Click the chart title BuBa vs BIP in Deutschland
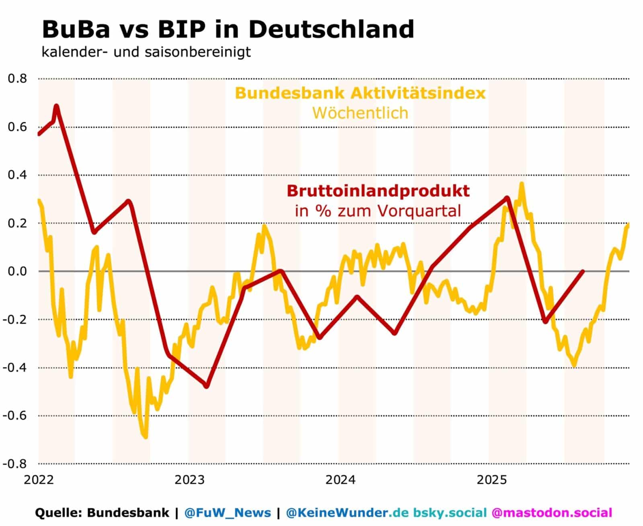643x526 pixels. (x=228, y=29)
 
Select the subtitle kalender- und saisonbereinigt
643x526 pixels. (x=146, y=52)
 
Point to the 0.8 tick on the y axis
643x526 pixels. (x=17, y=78)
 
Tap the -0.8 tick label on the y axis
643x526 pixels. (x=15, y=464)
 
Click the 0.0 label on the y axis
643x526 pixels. (x=17, y=271)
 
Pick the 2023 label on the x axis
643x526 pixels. (x=190, y=480)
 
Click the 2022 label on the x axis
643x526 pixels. (x=39, y=480)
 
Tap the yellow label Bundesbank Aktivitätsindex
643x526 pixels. (x=360, y=93)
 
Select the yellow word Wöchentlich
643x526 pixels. (x=360, y=113)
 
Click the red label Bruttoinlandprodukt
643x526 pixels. (x=378, y=191)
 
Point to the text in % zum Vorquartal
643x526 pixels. (x=378, y=211)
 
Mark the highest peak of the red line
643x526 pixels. (x=56, y=106)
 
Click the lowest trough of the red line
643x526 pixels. (x=207, y=386)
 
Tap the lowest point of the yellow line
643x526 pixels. (x=145, y=437)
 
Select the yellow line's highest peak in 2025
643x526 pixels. (x=522, y=184)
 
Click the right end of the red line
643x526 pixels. (x=583, y=271)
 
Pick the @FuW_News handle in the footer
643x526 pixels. (x=227, y=513)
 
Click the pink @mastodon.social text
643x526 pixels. (x=552, y=513)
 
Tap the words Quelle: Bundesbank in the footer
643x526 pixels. (x=102, y=513)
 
